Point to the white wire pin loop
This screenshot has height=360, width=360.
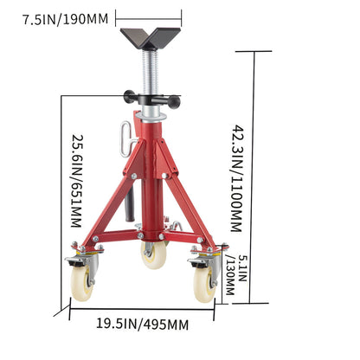[x=127, y=134]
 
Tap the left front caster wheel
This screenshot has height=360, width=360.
[x=82, y=282]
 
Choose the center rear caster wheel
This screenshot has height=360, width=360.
[x=154, y=254]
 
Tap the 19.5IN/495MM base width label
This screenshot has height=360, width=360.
[x=141, y=324]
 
